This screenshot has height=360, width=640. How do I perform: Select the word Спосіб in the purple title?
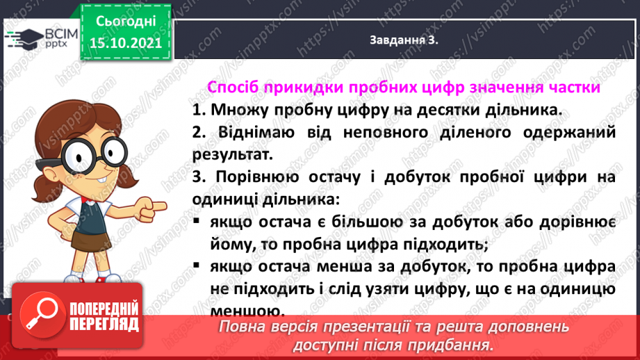233,89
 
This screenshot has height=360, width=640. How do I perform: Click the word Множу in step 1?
236,111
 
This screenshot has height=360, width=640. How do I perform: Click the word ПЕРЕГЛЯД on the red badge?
104,324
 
